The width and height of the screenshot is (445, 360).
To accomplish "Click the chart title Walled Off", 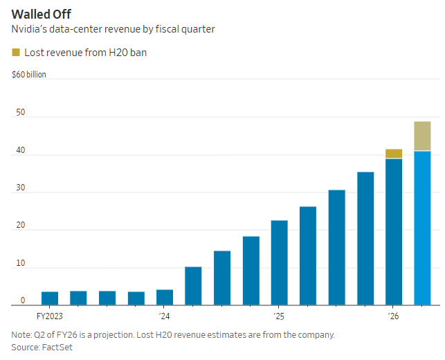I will point(40,13).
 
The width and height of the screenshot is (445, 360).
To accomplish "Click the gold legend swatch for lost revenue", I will point(17,53).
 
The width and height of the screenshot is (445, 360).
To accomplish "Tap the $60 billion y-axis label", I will point(29,74).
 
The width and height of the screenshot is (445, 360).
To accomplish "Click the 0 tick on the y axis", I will point(22,301).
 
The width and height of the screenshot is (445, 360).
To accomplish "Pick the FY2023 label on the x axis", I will point(49,316).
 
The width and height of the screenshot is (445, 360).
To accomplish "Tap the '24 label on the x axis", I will point(164,316).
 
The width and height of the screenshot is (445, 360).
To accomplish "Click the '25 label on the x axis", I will point(279,316).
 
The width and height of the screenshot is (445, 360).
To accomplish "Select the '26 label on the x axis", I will point(393,316).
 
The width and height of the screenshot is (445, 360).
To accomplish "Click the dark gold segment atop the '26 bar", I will point(394,154).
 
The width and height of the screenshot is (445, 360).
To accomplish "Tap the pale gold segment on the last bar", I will point(422,136).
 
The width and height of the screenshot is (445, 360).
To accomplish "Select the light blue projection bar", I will point(422,228).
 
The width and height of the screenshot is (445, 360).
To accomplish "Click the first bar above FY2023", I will point(50,298).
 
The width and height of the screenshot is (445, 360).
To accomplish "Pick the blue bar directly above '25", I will point(280,262).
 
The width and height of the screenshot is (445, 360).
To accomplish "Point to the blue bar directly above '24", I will point(165,297).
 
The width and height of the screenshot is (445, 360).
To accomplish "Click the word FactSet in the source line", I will point(58,347).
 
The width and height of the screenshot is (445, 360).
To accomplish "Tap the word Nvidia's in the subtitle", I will point(30,29).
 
